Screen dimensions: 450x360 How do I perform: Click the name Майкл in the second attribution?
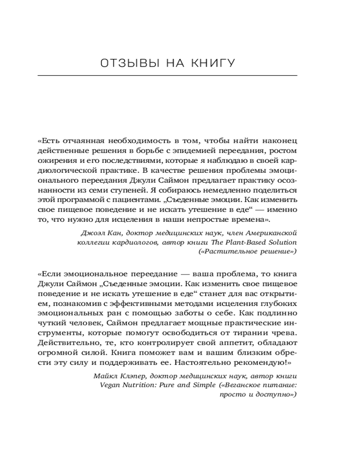click(104, 376)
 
